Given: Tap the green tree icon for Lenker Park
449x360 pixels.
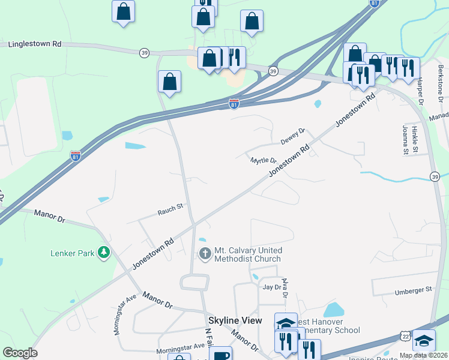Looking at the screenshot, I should click(104, 253).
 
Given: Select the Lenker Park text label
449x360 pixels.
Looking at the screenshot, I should click(72, 253).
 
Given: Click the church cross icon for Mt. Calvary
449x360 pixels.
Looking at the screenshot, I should click(205, 254).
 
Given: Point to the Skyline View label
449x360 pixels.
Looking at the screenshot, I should click(235, 321).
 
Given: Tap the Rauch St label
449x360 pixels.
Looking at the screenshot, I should click(170, 209).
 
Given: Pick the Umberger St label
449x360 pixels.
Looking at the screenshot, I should click(413, 290).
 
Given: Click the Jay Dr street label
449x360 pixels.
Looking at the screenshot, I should click(271, 287).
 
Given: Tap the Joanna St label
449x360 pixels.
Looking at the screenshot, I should click(406, 140).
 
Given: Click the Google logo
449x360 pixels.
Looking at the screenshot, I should click(19, 353).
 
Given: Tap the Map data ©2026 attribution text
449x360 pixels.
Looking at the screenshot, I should click(424, 355).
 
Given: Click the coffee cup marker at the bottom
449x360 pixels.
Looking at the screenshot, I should click(221, 355).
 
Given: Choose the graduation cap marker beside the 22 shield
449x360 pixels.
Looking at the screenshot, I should click(424, 340).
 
